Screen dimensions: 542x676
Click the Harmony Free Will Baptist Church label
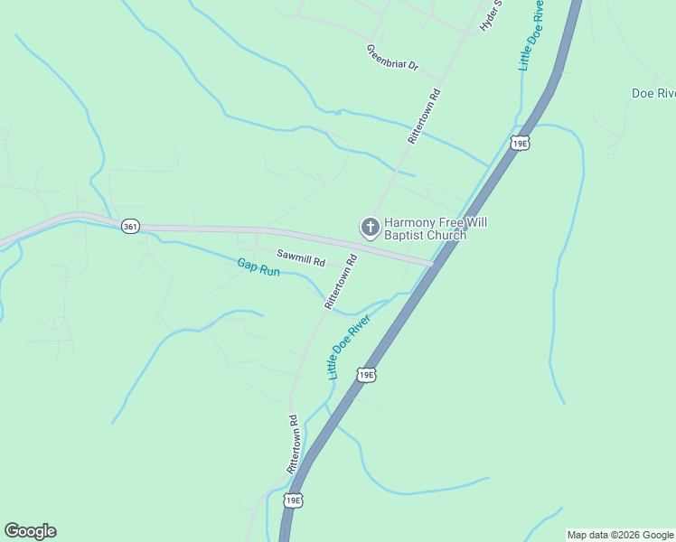click(426, 229)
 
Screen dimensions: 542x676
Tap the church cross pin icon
click(370, 228)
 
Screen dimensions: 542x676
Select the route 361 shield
click(129, 228)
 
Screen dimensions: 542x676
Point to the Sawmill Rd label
click(300, 259)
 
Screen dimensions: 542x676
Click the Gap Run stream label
click(258, 267)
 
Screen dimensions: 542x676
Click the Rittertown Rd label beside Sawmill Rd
click(341, 283)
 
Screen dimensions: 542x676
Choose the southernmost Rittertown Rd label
click(294, 444)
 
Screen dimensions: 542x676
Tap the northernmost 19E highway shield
click(519, 143)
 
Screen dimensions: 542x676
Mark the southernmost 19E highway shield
click(292, 500)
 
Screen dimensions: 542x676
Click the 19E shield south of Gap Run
click(365, 374)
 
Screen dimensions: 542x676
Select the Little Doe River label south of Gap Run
click(348, 346)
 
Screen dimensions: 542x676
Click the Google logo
click(30, 531)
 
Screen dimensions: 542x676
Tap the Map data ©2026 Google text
click(620, 535)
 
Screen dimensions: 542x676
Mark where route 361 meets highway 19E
click(433, 263)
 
